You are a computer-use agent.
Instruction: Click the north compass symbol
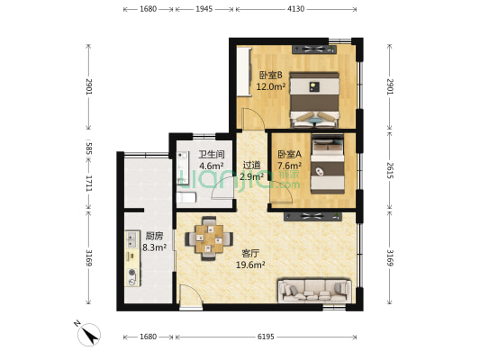click(89, 334)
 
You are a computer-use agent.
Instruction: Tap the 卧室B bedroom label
click(270, 76)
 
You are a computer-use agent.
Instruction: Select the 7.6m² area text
click(289, 166)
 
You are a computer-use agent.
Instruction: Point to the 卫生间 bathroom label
click(212, 155)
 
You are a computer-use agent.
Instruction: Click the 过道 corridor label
click(251, 166)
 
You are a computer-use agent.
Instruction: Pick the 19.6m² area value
click(250, 265)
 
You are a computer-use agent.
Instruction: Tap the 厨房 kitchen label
click(154, 236)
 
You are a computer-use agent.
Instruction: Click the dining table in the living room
click(210, 238)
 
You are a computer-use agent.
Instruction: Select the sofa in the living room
click(314, 291)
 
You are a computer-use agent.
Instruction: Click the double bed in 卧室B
click(314, 100)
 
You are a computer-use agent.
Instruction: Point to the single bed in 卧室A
click(328, 164)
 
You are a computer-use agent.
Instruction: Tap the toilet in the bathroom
click(186, 198)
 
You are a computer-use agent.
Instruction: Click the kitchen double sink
click(132, 240)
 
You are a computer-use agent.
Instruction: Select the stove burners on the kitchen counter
click(132, 277)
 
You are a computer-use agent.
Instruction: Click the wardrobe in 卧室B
click(244, 72)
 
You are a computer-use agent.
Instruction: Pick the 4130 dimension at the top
click(295, 9)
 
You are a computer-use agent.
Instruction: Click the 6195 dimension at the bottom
click(266, 337)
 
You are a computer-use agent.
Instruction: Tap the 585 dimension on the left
click(89, 147)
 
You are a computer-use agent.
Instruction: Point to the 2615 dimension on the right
click(390, 171)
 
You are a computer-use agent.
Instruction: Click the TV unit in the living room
click(312, 217)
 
